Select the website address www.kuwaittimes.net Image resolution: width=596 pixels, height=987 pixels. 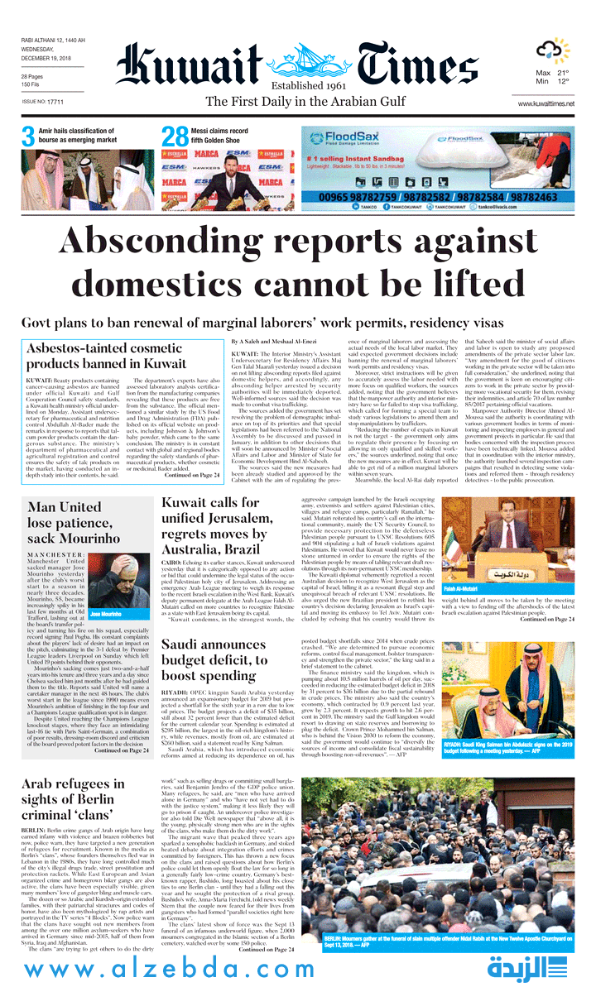click(x=546, y=103)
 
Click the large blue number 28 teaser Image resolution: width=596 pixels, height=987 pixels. click(x=175, y=137)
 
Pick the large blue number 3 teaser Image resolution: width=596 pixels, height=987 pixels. click(x=28, y=137)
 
